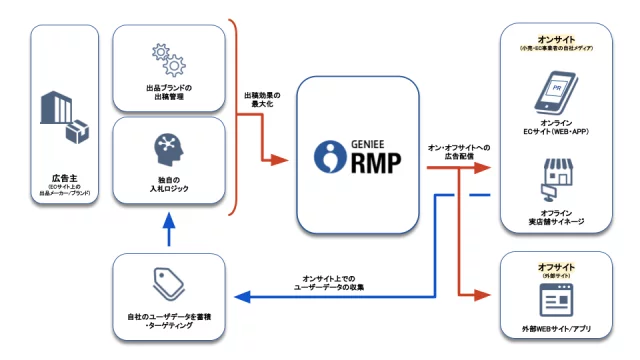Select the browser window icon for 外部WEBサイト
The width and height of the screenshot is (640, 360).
click(x=555, y=300)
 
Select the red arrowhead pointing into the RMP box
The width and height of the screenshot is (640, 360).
click(x=282, y=159)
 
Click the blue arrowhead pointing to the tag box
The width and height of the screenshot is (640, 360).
click(x=236, y=296)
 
